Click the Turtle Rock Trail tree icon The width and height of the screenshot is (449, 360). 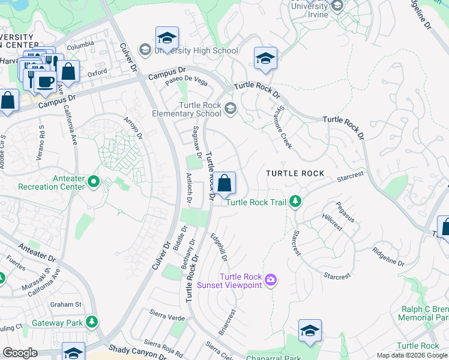(x=295, y=201)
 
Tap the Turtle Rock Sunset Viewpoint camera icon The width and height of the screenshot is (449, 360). (x=271, y=280)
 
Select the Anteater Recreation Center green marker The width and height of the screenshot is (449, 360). (x=93, y=181)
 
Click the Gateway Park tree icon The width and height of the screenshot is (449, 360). (x=92, y=322)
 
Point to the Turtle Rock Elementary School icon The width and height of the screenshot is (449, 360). (x=231, y=107)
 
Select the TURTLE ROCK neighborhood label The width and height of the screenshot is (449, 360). (x=295, y=173)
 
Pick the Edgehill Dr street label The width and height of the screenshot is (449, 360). (x=219, y=247)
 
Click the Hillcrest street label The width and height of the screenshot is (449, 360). (x=331, y=224)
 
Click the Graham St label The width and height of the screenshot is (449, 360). (x=66, y=304)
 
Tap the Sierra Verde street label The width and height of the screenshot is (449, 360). (x=167, y=314)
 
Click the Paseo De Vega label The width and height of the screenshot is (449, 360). (x=187, y=82)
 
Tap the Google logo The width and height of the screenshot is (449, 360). (x=20, y=353)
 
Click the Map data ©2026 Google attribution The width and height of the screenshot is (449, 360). (x=412, y=355)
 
